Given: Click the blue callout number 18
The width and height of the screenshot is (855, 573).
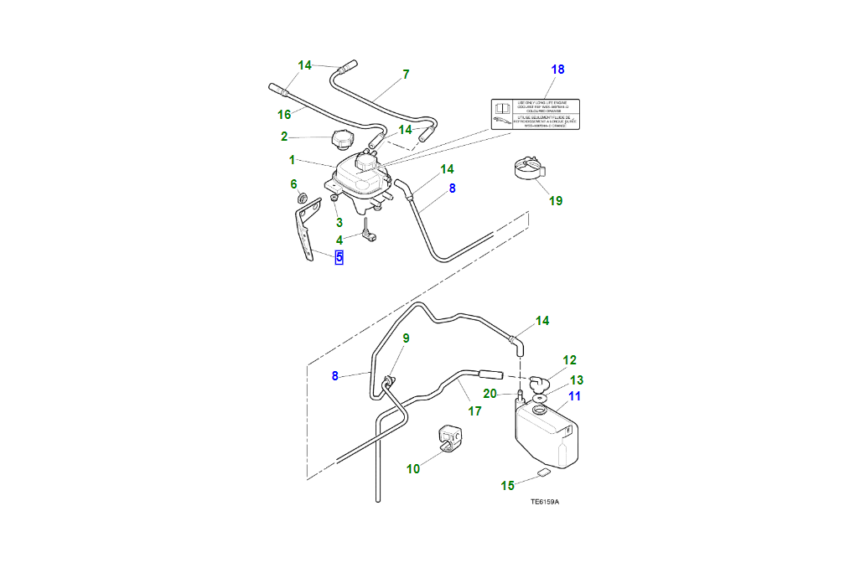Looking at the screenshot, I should pos(557,69).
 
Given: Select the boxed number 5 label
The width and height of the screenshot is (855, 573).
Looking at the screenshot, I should pos(339,257).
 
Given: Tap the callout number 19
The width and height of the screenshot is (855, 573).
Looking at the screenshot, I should pos(556,200).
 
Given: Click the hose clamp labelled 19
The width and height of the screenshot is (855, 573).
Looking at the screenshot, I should pos(528,170).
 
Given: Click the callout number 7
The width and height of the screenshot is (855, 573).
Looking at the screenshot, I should pos(406,75).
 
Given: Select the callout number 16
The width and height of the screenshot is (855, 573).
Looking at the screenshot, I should pos(284,114).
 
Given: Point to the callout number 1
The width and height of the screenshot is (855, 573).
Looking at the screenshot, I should pos(292,159).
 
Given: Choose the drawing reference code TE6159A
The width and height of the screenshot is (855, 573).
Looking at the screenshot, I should pos(544,502).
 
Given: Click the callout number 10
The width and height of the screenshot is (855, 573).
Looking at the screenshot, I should pos(413,469).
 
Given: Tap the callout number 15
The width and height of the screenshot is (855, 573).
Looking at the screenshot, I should pos(507,485).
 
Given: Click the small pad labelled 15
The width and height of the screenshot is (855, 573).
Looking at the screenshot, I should pos(543,472).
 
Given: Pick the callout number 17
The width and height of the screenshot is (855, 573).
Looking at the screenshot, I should pos(474,411).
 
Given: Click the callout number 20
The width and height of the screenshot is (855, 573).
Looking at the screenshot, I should pos(490,393).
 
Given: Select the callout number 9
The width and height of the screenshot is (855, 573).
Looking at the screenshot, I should pos(406,338).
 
